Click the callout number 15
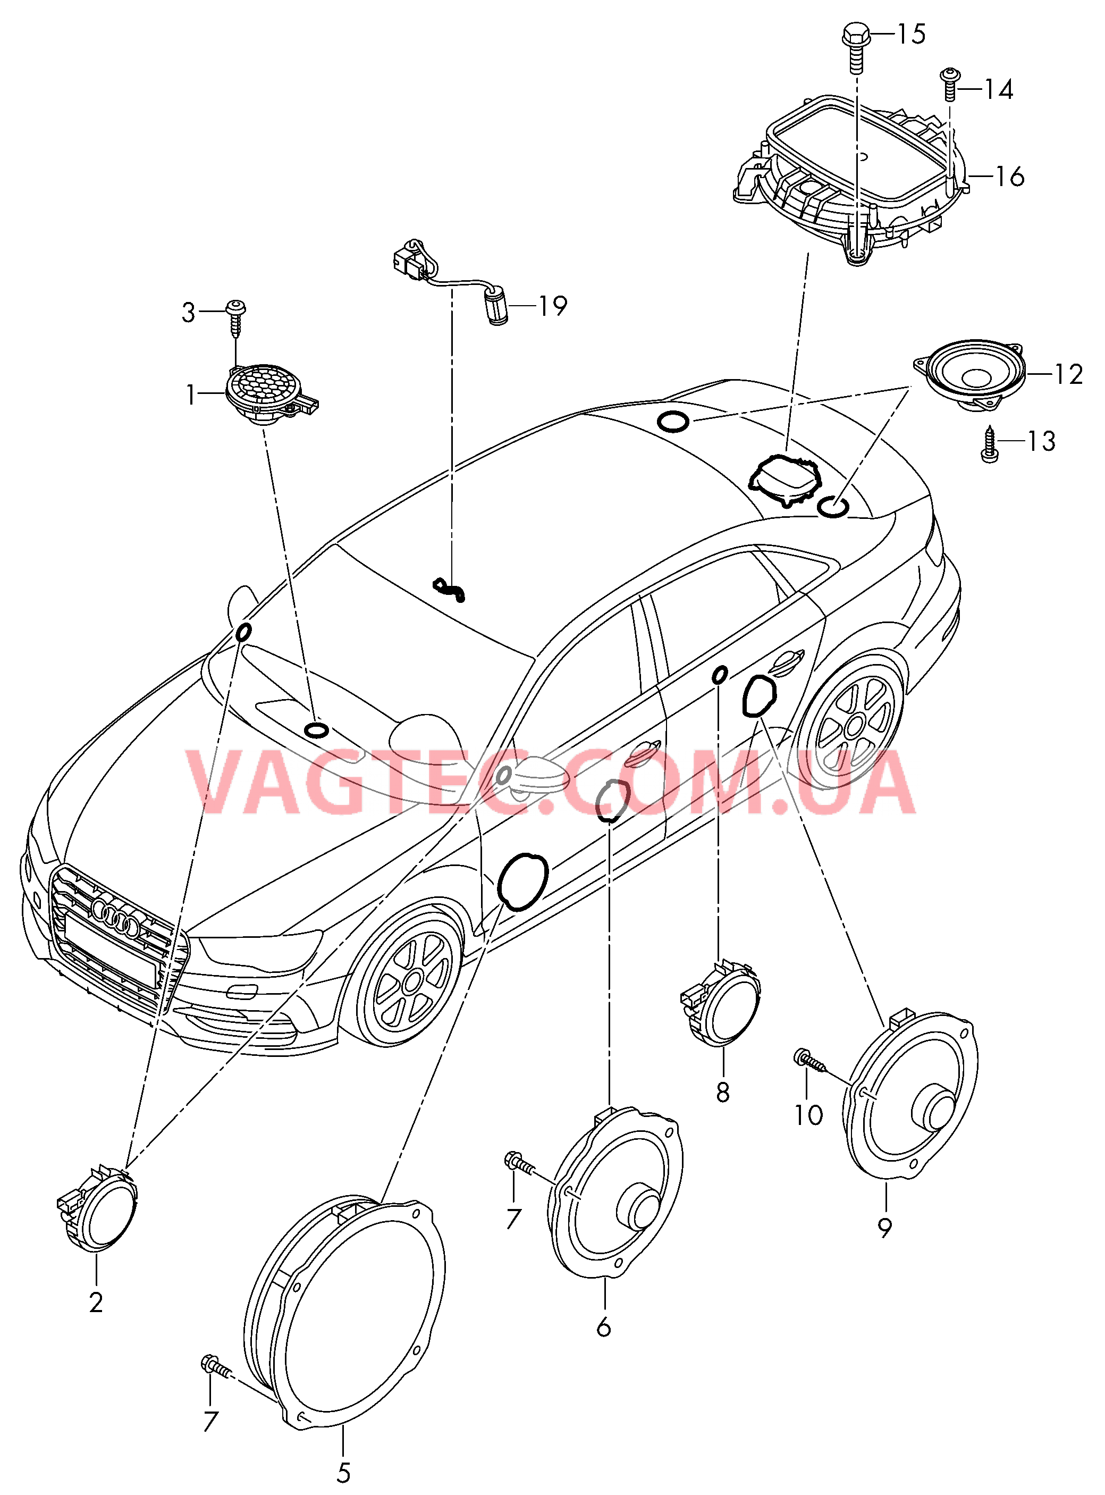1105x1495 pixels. point(911,34)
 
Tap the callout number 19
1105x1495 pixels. point(553,306)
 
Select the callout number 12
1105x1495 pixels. point(1068,375)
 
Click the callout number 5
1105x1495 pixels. point(343,1472)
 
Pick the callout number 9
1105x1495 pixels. point(885,1228)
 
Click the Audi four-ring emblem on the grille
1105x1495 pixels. point(115,918)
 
